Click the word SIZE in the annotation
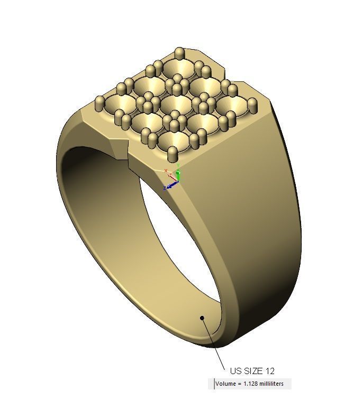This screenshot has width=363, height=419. (252, 371)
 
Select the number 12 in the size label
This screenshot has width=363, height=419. (269, 371)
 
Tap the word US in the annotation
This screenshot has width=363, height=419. (235, 371)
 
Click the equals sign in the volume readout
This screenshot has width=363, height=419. (239, 384)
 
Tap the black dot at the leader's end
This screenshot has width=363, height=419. (202, 318)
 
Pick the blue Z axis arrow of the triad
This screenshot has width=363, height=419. (171, 185)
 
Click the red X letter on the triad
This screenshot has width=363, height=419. (166, 171)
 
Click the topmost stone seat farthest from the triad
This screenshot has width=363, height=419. (178, 68)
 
